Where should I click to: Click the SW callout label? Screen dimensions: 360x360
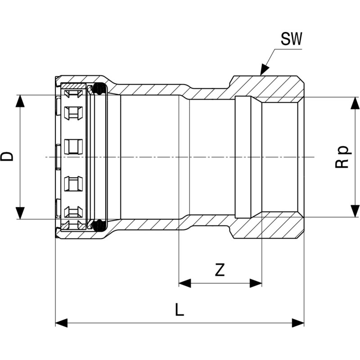[292, 40]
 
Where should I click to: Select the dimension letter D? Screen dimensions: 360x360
[8, 156]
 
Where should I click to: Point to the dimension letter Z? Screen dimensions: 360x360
[220, 270]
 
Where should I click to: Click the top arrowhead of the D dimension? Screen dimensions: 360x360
[20, 101]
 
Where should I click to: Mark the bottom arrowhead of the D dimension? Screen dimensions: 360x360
[20, 213]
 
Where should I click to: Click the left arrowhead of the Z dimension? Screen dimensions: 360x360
[184, 283]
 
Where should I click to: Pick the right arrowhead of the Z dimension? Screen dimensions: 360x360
[256, 283]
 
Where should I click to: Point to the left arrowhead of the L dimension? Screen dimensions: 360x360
[61, 323]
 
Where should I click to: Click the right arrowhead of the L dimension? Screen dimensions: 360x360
[298, 323]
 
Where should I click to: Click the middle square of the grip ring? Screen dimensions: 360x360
[74, 146]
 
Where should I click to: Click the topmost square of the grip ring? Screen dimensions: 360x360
[74, 94]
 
